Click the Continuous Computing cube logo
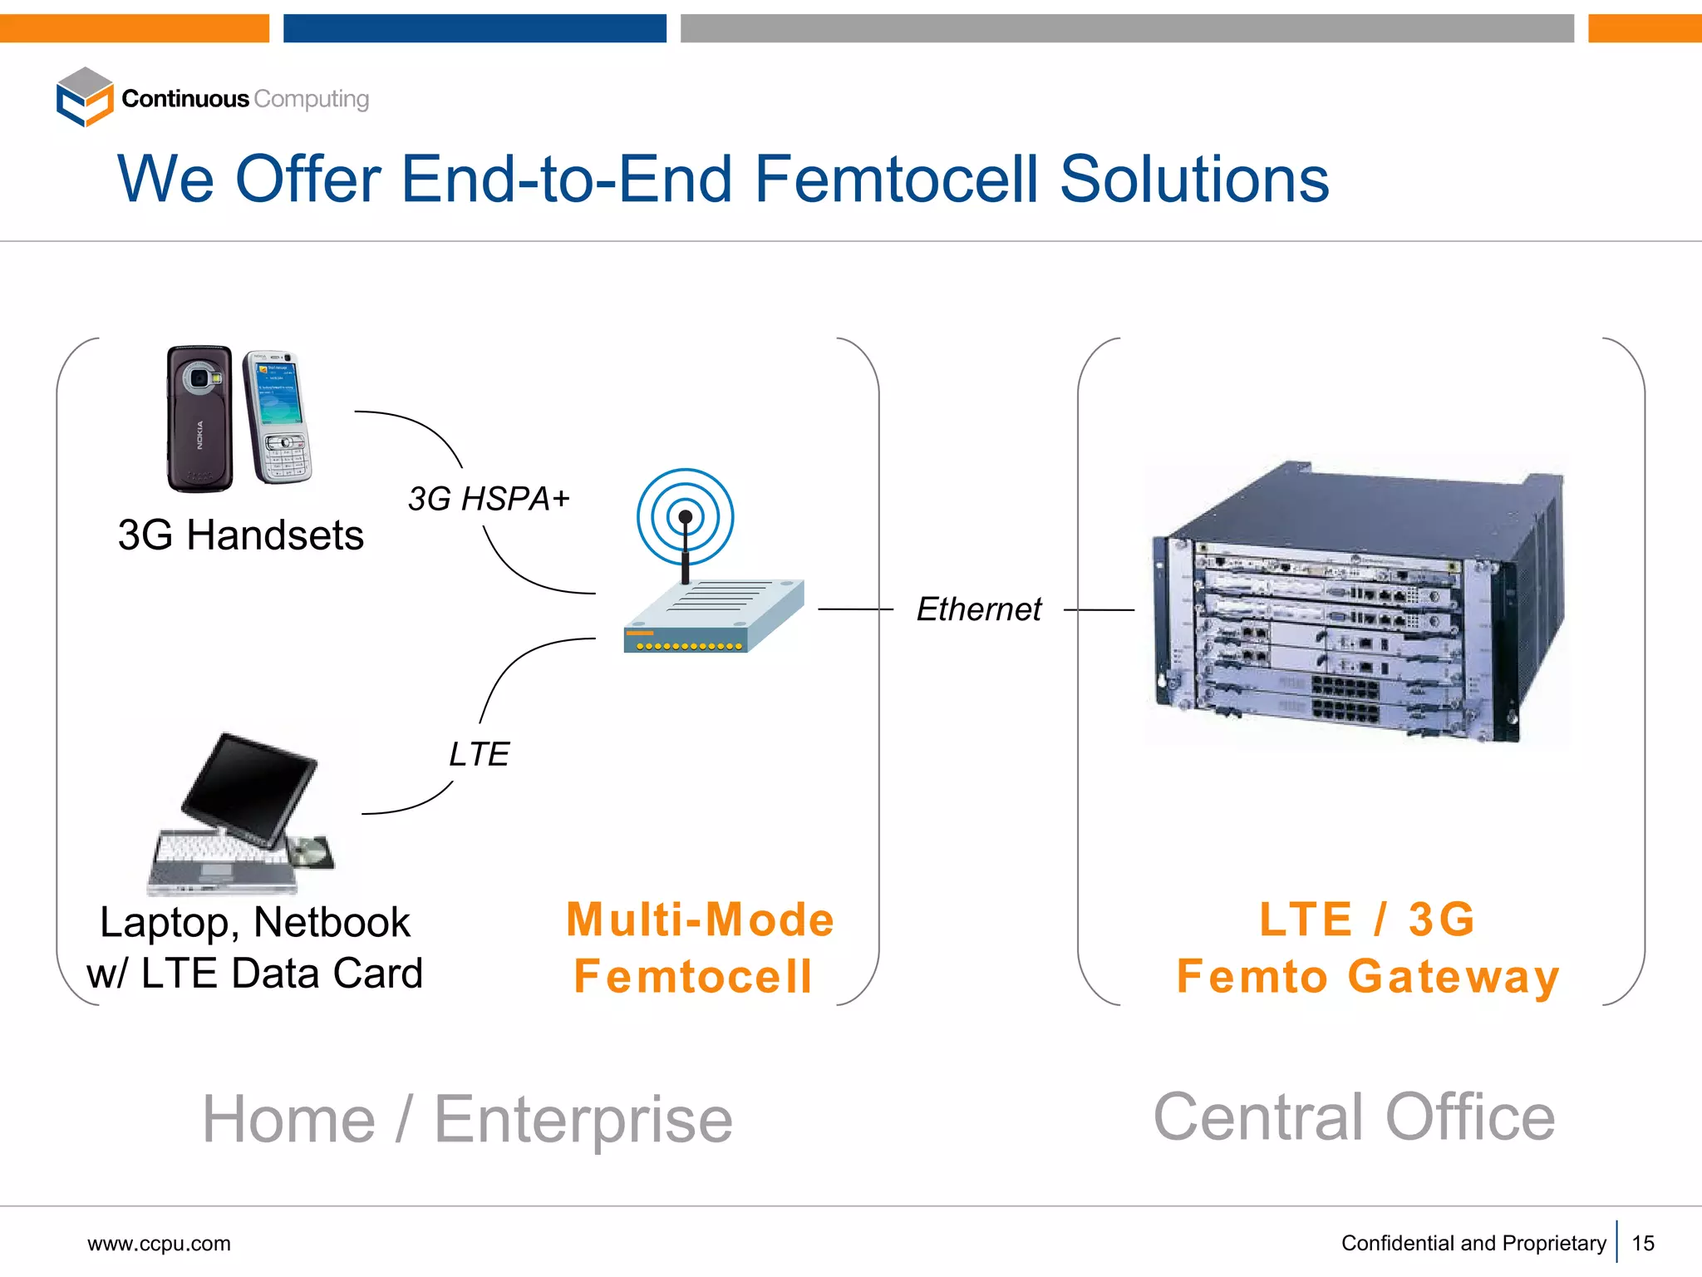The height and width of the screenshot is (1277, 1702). coord(84,97)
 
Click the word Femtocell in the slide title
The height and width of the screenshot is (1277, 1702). coord(896,179)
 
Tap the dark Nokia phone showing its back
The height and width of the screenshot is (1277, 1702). coord(199,418)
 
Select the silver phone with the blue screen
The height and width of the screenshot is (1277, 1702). coord(278,416)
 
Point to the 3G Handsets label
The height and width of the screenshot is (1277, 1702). coord(241,535)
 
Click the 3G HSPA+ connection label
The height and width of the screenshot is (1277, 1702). coord(489,499)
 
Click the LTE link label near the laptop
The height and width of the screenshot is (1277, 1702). coord(479,754)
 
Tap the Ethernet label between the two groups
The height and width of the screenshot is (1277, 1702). coord(978,609)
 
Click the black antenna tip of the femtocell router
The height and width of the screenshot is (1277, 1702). coord(686,518)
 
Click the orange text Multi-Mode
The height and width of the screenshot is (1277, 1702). coord(700,920)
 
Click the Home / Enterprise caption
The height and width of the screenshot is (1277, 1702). coord(467,1119)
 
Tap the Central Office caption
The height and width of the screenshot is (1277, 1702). coord(1354,1117)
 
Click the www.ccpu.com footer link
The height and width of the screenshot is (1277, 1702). coord(159,1244)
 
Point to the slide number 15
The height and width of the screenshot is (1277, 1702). coord(1643,1244)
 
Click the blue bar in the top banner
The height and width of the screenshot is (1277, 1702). coord(475,28)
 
